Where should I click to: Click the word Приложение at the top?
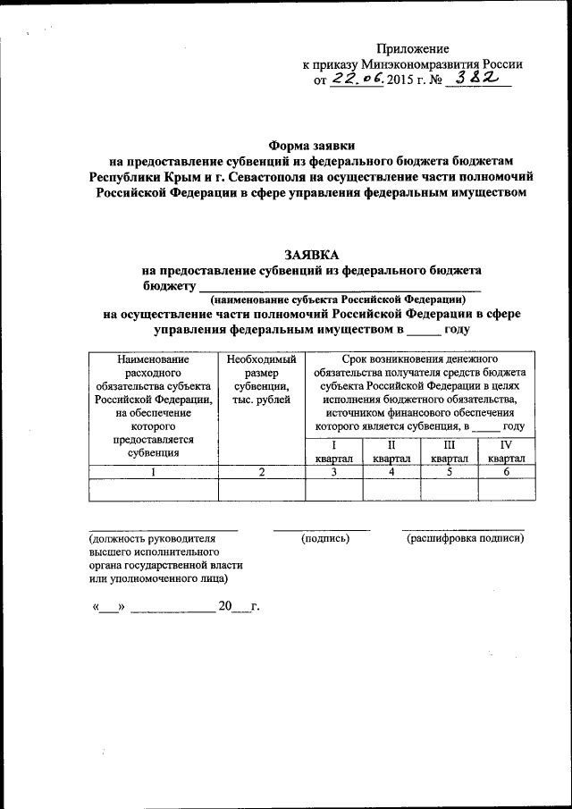coord(412,48)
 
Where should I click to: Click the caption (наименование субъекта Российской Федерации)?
coord(338,300)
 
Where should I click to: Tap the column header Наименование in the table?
coord(154,358)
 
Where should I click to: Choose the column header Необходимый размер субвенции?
coord(261,379)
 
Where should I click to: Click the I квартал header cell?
coord(333,451)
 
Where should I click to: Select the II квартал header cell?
coord(391,451)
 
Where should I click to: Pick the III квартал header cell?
coord(449,451)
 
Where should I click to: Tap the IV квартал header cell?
coord(506,451)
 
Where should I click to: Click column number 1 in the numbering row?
coord(154,472)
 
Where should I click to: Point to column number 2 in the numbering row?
coord(262,472)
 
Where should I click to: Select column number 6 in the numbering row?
coord(506,472)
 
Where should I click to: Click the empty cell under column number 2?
coord(262,489)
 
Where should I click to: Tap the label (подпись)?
coord(325,538)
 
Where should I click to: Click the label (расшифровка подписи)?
coord(465,538)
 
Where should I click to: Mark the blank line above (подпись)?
coord(322,529)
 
